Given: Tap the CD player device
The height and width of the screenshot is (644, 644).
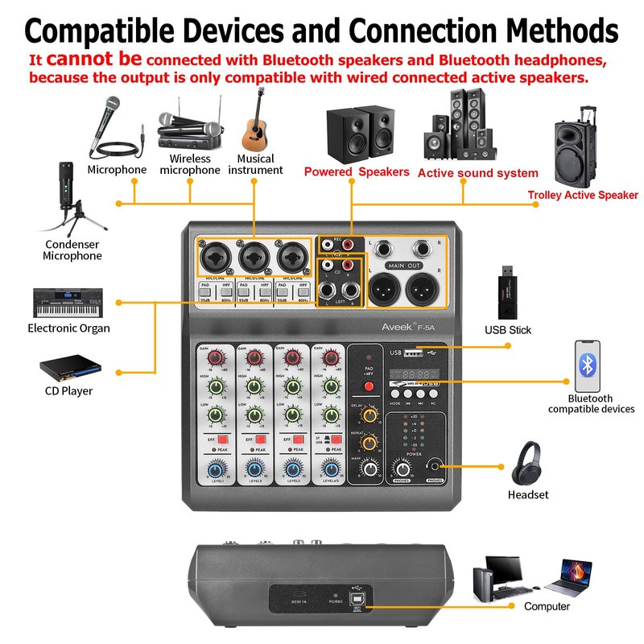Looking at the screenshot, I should (70, 368).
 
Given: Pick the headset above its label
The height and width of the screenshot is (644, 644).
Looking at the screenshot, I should (528, 462).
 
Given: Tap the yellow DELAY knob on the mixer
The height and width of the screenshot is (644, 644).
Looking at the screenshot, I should (369, 415).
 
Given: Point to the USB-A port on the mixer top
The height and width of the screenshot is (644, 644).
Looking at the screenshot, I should (411, 353).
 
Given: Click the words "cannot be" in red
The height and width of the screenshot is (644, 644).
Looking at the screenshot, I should (94, 59).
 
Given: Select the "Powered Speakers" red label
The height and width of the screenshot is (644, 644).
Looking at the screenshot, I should (357, 171).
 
